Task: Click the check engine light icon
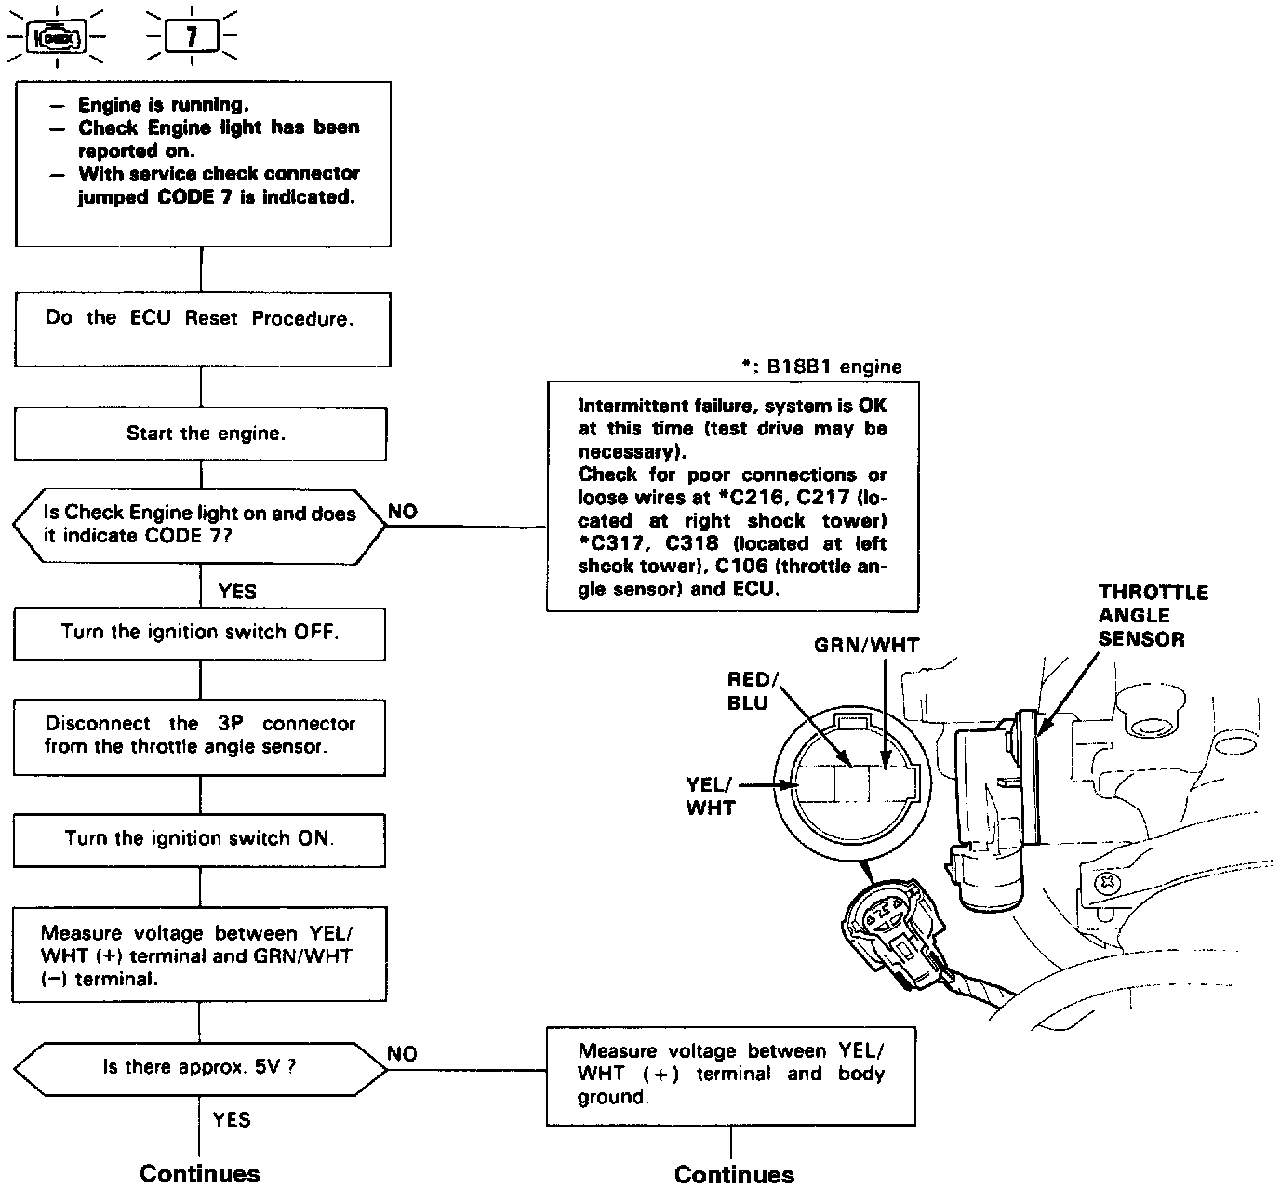(x=58, y=38)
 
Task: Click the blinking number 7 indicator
(x=192, y=38)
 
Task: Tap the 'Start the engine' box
(x=200, y=434)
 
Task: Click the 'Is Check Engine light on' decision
(x=199, y=525)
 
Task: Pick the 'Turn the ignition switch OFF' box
(x=199, y=634)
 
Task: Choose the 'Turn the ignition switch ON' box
(x=199, y=839)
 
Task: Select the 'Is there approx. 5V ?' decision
(x=199, y=1068)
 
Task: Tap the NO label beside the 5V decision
(x=403, y=1053)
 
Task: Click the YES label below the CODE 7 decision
(x=237, y=591)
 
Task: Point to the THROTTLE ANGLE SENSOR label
(x=1152, y=616)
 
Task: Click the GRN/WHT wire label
(x=866, y=645)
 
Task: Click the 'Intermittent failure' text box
(x=732, y=496)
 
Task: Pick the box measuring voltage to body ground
(x=731, y=1075)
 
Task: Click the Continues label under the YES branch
(x=200, y=1173)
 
